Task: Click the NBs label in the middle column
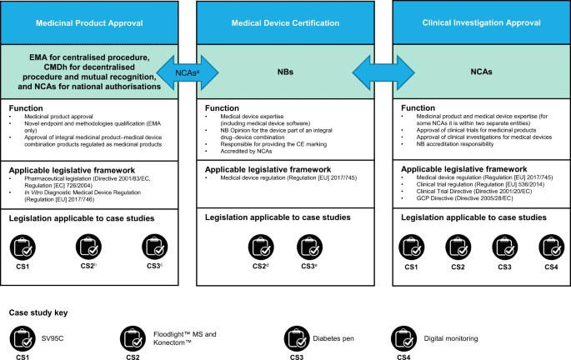tap(286, 72)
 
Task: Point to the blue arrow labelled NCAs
tap(186, 72)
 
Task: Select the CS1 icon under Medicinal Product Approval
tap(20, 245)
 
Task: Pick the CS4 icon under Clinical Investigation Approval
tap(551, 245)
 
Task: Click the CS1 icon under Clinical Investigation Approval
tap(410, 245)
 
